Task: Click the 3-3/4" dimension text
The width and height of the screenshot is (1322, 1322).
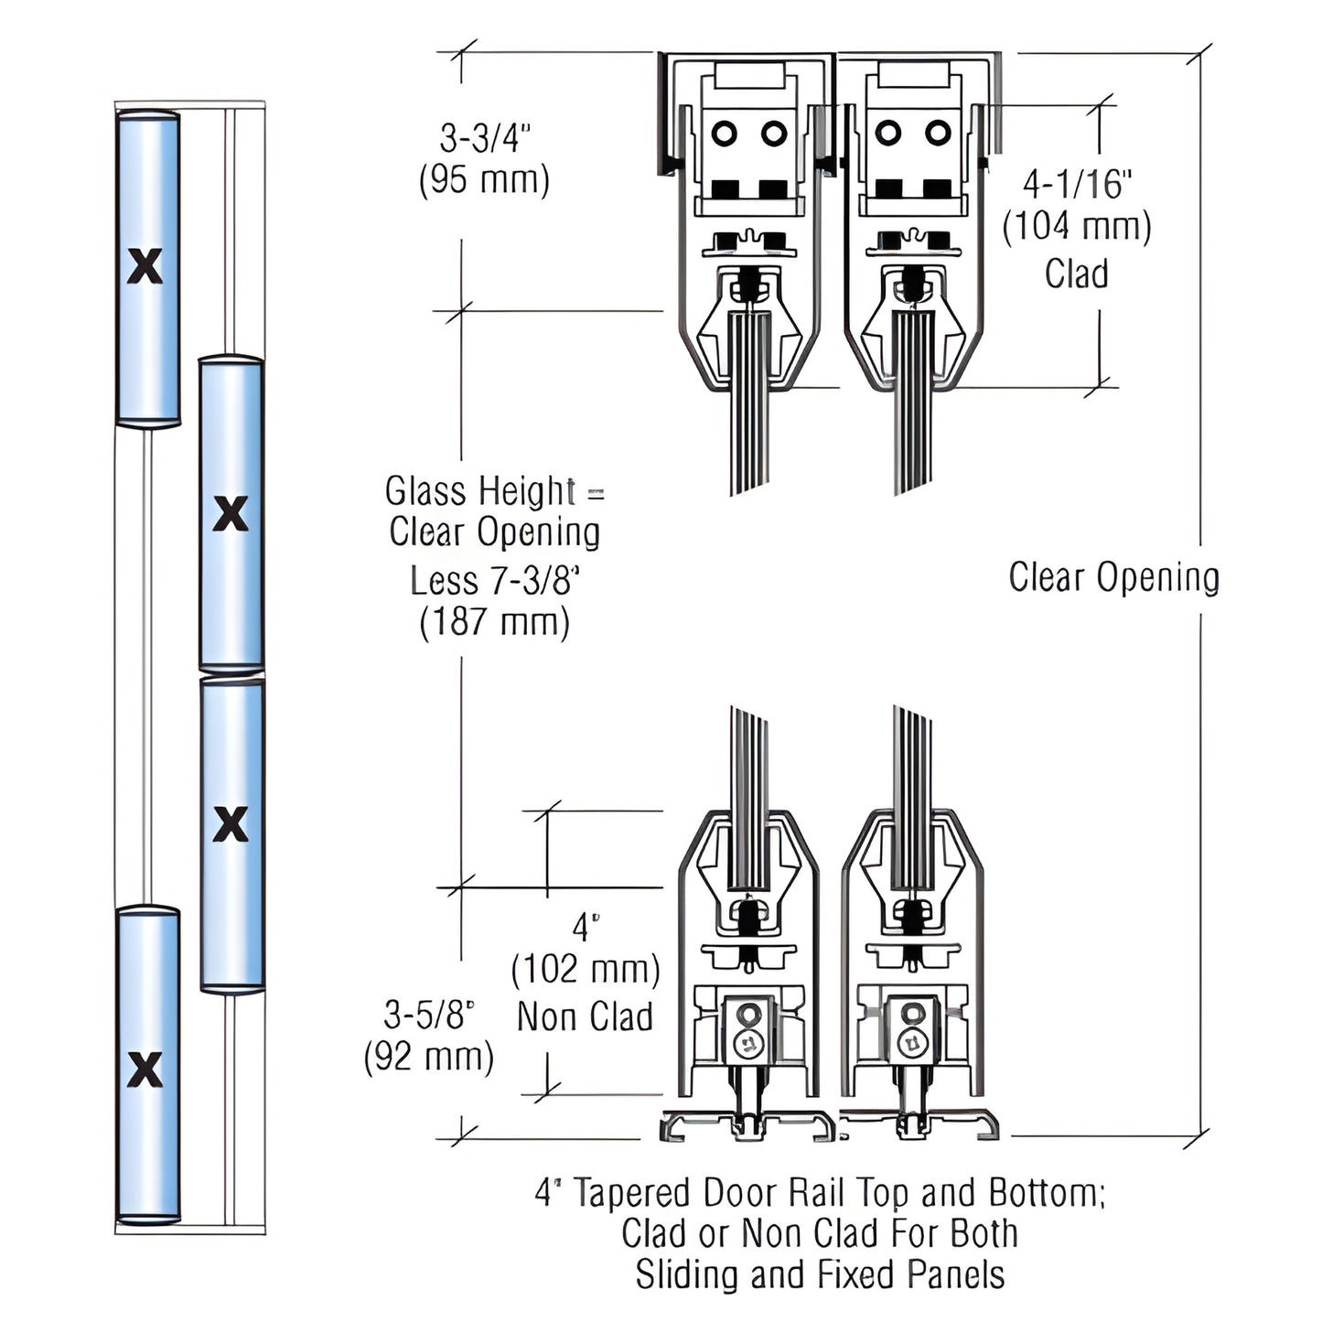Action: pyautogui.click(x=485, y=138)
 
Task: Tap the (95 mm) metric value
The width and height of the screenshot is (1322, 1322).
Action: pyautogui.click(x=484, y=179)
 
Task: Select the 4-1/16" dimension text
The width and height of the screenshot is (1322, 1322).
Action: pyautogui.click(x=1077, y=184)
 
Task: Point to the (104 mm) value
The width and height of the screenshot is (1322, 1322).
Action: pyautogui.click(x=1077, y=226)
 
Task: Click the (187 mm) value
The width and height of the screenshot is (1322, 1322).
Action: pyautogui.click(x=494, y=623)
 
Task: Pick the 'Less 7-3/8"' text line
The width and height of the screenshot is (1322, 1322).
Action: pyautogui.click(x=495, y=580)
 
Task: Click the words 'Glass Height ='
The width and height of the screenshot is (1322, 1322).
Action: pyautogui.click(x=494, y=491)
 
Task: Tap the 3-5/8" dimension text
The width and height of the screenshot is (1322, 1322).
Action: pyautogui.click(x=429, y=1015)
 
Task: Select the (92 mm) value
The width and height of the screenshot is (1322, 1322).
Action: pyautogui.click(x=429, y=1057)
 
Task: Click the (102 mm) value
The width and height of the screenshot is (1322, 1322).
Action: pyautogui.click(x=586, y=969)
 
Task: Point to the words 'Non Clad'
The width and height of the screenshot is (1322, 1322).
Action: pyautogui.click(x=586, y=1016)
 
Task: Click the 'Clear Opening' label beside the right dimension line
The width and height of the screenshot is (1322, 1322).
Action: pyautogui.click(x=1113, y=577)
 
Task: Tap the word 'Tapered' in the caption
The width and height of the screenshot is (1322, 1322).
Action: pyautogui.click(x=631, y=1193)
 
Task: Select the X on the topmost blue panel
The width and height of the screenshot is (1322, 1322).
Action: pyautogui.click(x=145, y=266)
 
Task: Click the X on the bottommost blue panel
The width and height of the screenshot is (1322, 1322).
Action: pyautogui.click(x=145, y=1069)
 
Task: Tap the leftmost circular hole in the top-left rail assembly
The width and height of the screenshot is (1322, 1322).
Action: pyautogui.click(x=724, y=134)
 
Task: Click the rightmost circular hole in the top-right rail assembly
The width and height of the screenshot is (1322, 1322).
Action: pyautogui.click(x=938, y=134)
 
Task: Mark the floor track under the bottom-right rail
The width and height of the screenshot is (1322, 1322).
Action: pyautogui.click(x=919, y=1126)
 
